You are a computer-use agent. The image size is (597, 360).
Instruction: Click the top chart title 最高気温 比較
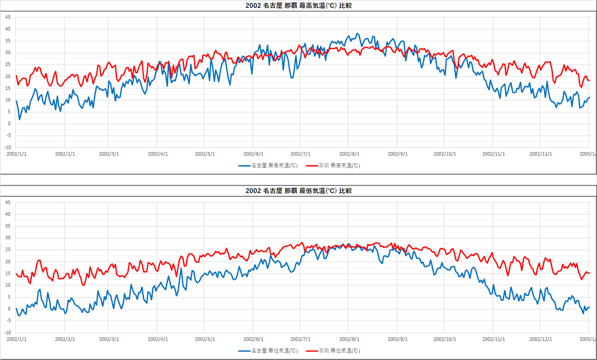pyautogui.click(x=298, y=6)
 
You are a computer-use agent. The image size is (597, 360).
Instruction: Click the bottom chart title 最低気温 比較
pyautogui.click(x=298, y=191)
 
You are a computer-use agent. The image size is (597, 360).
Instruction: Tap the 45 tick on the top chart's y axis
pyautogui.click(x=7, y=17)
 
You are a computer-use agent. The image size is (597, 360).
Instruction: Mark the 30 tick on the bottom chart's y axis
pyautogui.click(x=7, y=238)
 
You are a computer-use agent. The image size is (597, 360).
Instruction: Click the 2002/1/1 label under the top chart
pyautogui.click(x=16, y=154)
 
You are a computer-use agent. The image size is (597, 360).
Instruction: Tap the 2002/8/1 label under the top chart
pyautogui.click(x=349, y=154)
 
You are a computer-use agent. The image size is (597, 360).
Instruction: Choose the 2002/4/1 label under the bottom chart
pyautogui.click(x=157, y=339)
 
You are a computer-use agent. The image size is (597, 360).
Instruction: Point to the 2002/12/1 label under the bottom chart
pyautogui.click(x=540, y=339)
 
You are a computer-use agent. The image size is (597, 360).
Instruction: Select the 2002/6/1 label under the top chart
pyautogui.click(x=253, y=154)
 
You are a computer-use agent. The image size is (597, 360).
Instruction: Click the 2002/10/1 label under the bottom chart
pyautogui.click(x=445, y=339)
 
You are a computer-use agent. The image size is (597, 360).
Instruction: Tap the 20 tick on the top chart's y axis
pyautogui.click(x=7, y=77)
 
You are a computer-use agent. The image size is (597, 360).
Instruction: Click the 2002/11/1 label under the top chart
pyautogui.click(x=494, y=154)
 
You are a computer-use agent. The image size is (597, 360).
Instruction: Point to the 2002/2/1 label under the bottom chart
pyautogui.click(x=65, y=339)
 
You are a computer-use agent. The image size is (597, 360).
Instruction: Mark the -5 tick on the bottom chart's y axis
pyautogui.click(x=7, y=321)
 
